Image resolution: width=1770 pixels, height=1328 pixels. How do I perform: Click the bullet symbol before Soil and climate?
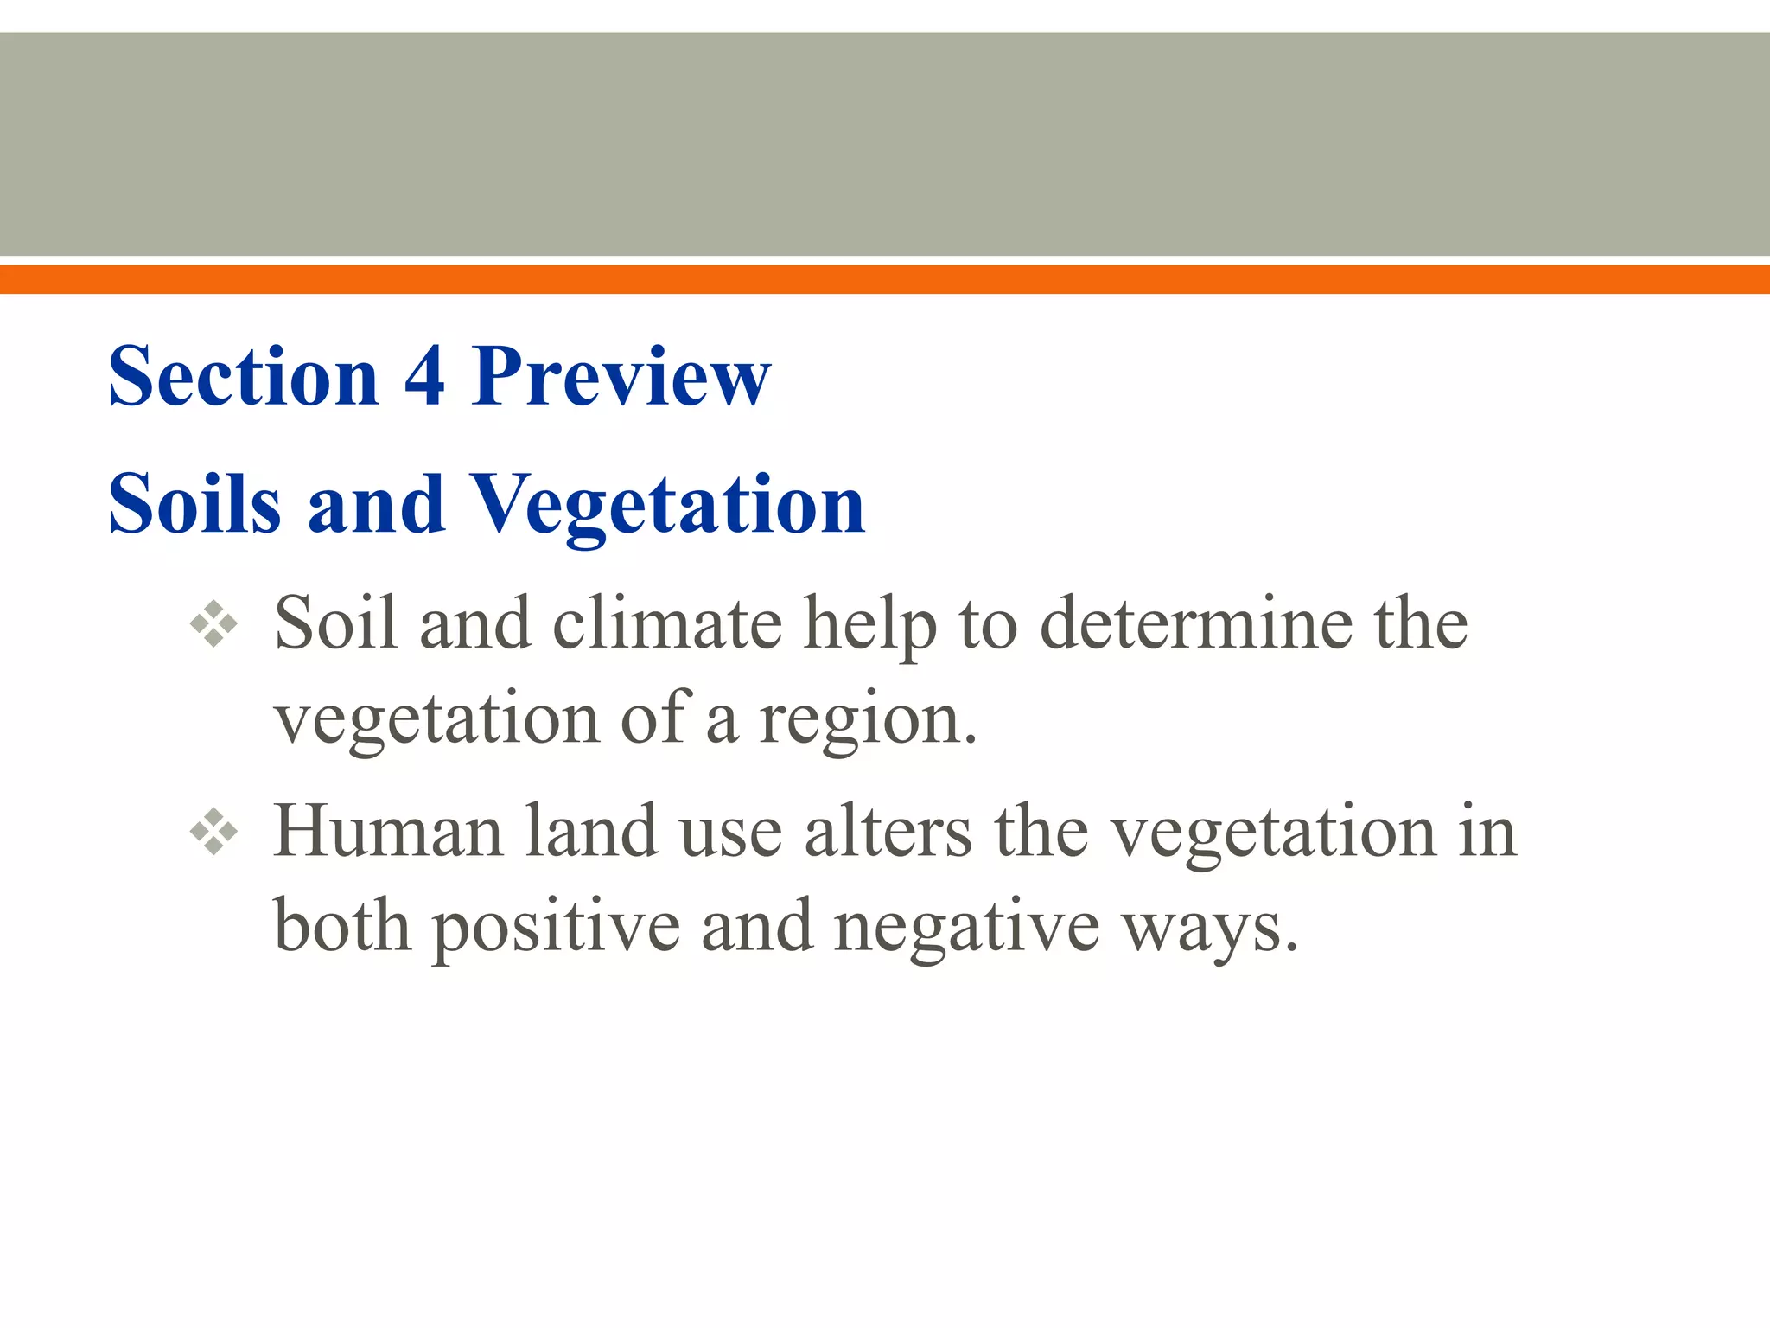213,623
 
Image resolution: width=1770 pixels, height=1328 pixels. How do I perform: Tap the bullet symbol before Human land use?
213,832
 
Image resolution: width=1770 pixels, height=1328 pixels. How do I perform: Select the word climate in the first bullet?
667,623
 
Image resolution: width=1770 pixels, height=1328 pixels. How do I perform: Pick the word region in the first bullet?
866,720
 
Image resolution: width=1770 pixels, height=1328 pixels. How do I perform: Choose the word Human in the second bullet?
388,832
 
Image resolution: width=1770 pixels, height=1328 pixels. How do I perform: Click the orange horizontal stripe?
885,279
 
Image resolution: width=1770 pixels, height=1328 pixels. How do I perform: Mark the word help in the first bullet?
870,625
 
